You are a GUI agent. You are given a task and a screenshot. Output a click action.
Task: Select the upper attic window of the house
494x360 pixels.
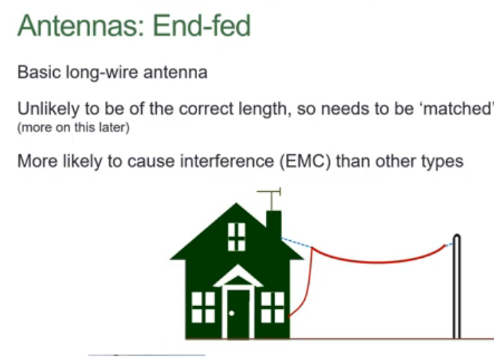pos(236,236)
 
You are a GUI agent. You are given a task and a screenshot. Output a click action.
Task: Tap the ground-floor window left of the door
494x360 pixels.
pos(203,307)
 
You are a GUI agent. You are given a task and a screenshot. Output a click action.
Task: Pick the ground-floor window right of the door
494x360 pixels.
pos(273,307)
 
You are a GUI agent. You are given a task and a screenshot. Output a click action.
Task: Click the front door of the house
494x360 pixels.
pos(238,314)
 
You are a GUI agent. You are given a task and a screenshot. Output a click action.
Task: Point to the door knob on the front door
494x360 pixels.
pos(232,314)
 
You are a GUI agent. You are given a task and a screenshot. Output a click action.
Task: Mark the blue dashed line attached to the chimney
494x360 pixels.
pos(297,242)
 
